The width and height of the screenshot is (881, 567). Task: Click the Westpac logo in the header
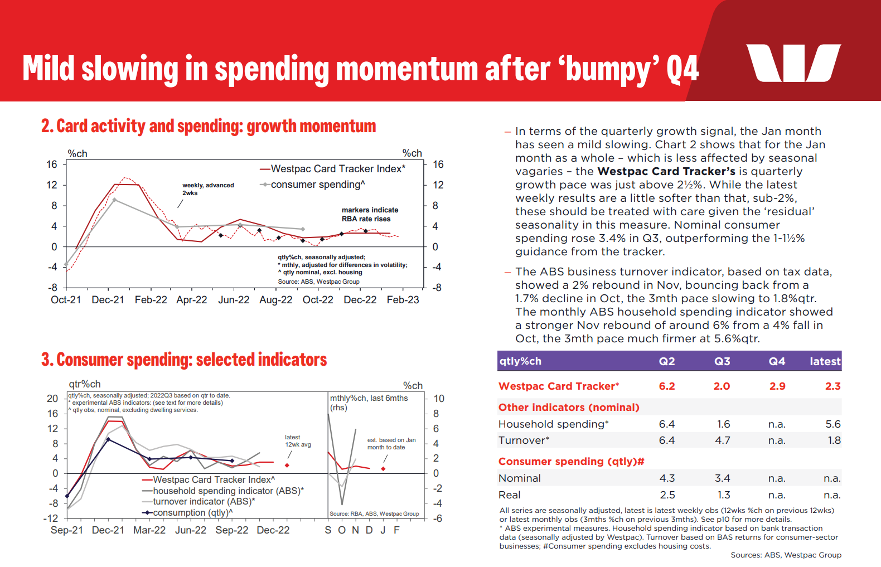pos(793,63)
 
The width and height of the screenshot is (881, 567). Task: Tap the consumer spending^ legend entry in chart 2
pos(317,185)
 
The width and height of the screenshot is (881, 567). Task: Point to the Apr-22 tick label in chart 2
pos(191,300)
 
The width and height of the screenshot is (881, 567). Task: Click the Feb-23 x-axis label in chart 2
pos(403,300)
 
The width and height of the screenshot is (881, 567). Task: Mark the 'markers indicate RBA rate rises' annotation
pos(370,215)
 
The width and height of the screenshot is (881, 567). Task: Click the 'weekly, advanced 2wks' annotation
pos(207,189)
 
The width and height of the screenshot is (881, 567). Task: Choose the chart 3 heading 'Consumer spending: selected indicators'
pos(184,360)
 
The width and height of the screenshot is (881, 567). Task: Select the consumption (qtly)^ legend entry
pos(192,513)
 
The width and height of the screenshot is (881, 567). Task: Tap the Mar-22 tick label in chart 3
pos(149,530)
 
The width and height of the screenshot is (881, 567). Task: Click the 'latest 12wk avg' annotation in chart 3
pos(298,441)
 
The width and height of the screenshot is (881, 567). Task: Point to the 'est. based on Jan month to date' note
pos(391,444)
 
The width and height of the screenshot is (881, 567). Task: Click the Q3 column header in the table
pos(722,361)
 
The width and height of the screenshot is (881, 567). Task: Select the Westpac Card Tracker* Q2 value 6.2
pos(667,386)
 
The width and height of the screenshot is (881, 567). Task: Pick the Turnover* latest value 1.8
pos(834,440)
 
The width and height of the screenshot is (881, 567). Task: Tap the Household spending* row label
pos(553,424)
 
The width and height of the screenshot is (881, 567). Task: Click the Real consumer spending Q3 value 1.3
pos(724,495)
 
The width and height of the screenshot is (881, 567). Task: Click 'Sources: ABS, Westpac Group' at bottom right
pos(786,555)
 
